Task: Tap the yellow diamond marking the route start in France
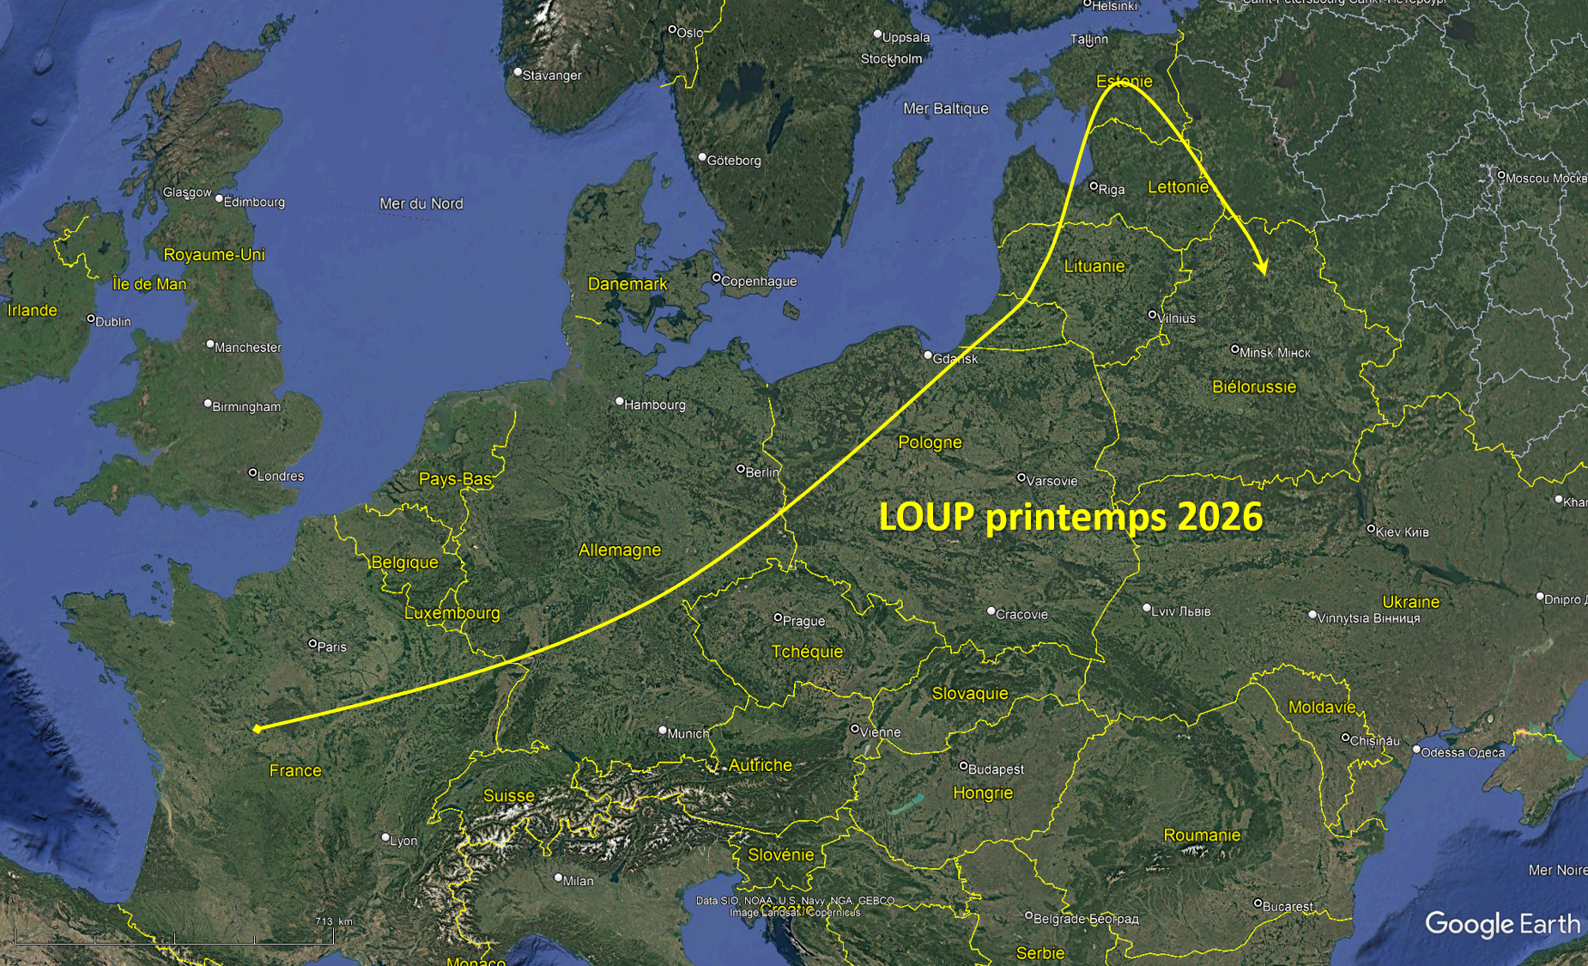(258, 728)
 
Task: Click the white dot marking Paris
(312, 643)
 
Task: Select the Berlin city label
(762, 472)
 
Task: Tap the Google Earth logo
(1502, 924)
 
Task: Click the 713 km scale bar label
(333, 921)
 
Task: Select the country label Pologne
(930, 442)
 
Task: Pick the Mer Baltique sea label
(945, 108)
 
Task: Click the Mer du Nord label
(421, 204)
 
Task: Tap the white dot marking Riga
(1094, 185)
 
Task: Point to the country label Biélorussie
(1253, 386)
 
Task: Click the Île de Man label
(149, 284)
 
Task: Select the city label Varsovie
(1052, 481)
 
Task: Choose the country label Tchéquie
(807, 652)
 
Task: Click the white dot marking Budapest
(963, 765)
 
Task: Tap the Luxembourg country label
(452, 613)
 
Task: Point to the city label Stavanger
(551, 76)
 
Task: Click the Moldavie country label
(1322, 707)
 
